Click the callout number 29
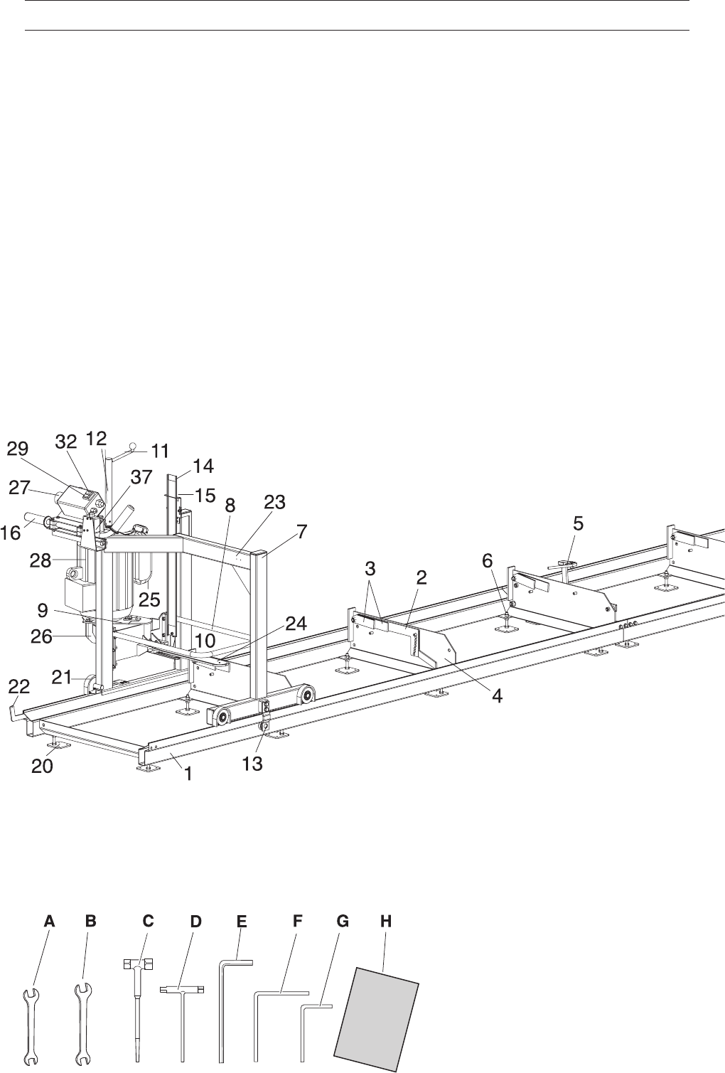click(18, 449)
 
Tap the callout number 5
click(579, 523)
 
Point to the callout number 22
click(19, 687)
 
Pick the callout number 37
click(141, 476)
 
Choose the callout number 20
click(42, 766)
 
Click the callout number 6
click(487, 561)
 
